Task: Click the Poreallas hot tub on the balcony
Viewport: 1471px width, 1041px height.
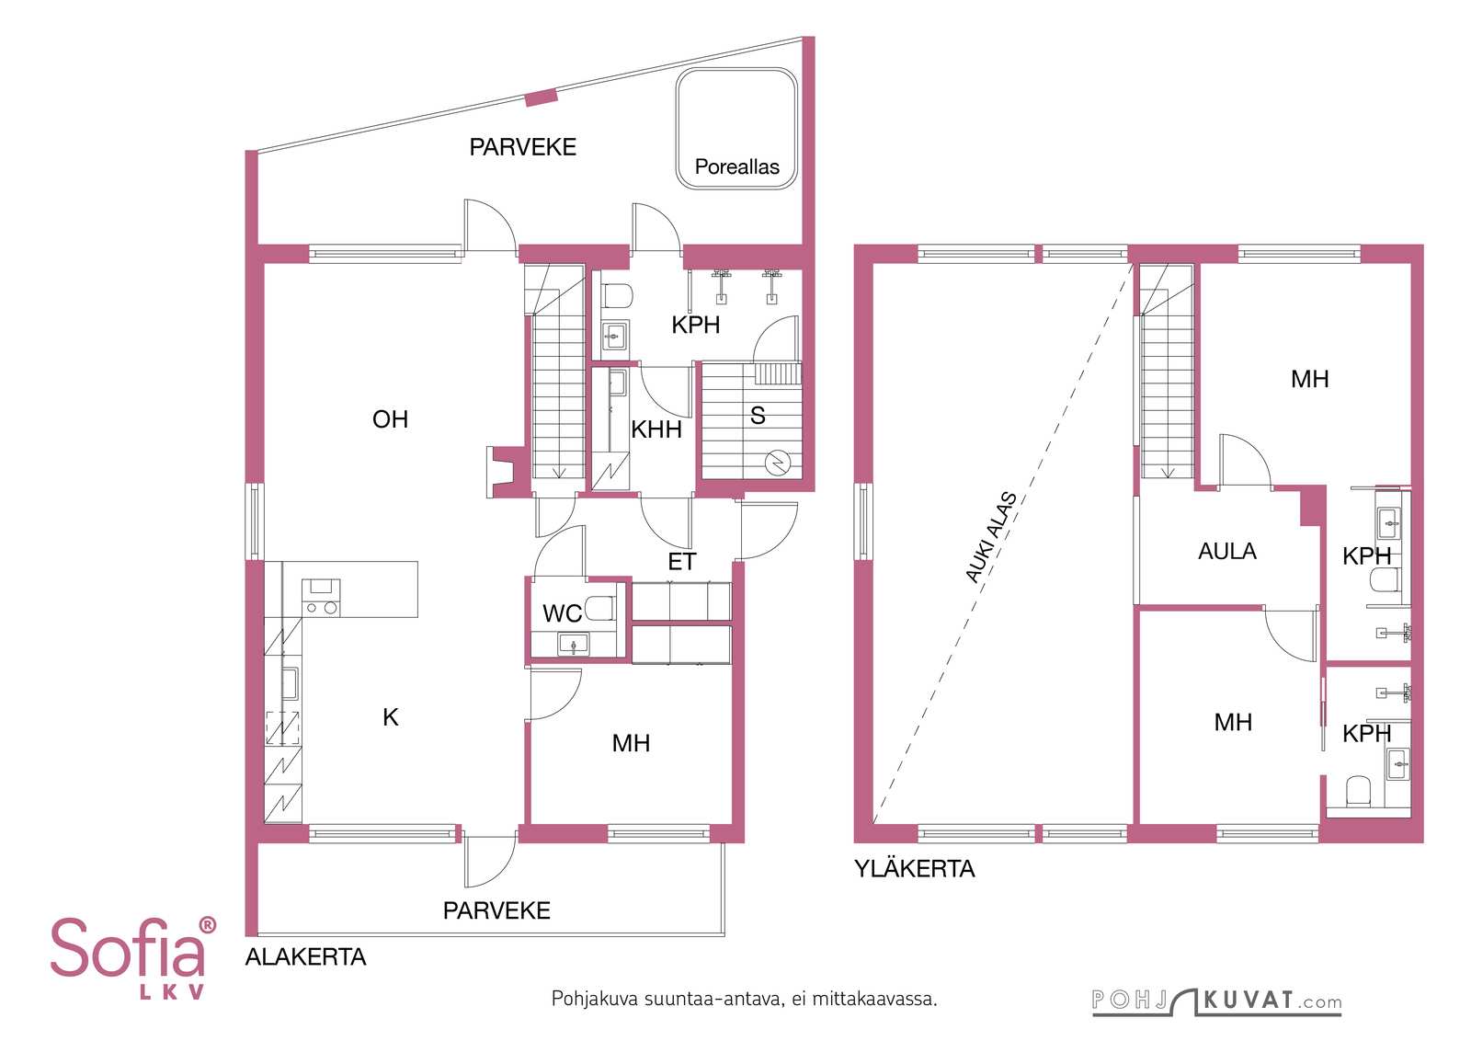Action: click(x=736, y=129)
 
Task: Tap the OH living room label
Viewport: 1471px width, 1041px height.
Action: click(x=390, y=419)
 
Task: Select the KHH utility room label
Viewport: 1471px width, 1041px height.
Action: click(x=656, y=429)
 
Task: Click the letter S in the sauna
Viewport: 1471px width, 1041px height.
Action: click(x=758, y=415)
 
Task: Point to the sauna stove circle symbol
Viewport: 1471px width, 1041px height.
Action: click(x=777, y=463)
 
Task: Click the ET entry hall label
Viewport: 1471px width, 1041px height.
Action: click(x=681, y=562)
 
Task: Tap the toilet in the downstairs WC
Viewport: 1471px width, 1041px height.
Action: click(x=599, y=608)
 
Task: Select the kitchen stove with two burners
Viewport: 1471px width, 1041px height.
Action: click(x=321, y=597)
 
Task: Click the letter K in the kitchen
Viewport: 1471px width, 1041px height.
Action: click(x=390, y=717)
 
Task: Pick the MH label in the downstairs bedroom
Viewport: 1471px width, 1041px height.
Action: click(x=631, y=743)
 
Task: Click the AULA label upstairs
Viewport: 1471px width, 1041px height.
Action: click(x=1226, y=551)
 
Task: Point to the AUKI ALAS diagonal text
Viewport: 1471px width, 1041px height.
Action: click(x=991, y=537)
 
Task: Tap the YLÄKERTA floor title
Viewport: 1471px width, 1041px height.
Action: click(x=914, y=869)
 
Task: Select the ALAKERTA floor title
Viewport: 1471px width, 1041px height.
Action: click(x=305, y=957)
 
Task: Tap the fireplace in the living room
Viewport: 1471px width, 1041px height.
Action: click(x=505, y=472)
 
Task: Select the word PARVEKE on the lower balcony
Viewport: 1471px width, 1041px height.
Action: click(x=496, y=910)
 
